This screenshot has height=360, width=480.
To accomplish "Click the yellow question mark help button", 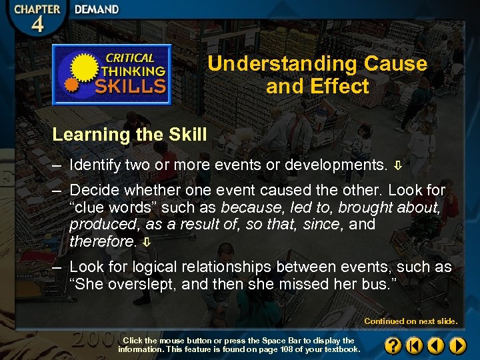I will pos(393,345).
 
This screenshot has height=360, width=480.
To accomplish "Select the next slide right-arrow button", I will pos(457,345).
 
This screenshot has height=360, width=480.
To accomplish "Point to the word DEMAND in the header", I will pos(97,10).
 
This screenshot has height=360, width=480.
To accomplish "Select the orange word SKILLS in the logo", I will pos(131,85).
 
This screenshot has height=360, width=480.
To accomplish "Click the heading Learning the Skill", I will pos(129,135).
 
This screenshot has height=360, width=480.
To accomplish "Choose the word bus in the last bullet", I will pos(381,284).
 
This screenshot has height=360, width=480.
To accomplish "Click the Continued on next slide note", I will pos(411,321).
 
